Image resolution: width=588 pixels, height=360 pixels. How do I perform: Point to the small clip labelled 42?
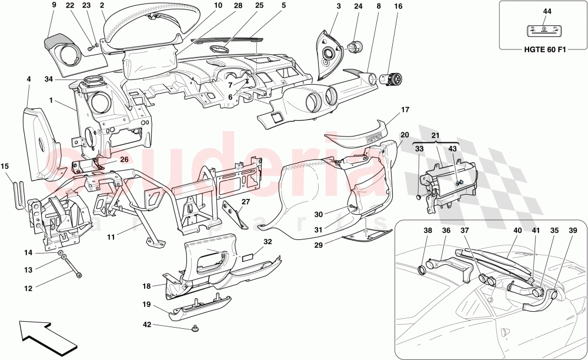(195, 328)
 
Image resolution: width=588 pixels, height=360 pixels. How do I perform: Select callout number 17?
(405, 109)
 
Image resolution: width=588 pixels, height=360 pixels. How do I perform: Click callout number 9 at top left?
(54, 5)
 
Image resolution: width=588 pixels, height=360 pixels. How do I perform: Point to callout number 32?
(268, 241)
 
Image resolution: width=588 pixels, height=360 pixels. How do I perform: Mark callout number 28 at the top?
(221, 5)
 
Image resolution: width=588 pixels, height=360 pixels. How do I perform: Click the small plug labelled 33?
(419, 198)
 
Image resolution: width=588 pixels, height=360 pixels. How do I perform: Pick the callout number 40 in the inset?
(517, 231)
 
